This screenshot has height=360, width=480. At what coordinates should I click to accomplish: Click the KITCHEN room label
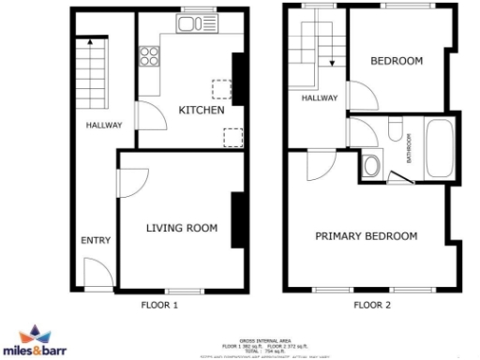click(x=202, y=111)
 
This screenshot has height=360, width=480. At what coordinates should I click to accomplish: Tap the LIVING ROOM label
click(x=182, y=228)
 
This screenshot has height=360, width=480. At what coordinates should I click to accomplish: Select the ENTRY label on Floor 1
click(x=96, y=241)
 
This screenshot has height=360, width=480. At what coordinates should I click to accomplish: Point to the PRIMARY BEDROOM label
click(x=366, y=236)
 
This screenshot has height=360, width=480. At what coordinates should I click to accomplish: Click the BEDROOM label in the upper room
click(x=396, y=62)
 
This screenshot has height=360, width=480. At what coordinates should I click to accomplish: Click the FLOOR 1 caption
click(x=159, y=305)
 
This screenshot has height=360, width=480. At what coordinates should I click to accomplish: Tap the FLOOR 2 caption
click(x=372, y=305)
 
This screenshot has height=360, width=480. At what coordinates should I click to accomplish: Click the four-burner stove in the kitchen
click(x=149, y=56)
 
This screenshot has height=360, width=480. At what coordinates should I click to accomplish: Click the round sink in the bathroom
click(x=371, y=167)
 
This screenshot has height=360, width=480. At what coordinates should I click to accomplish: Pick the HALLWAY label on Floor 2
click(x=320, y=97)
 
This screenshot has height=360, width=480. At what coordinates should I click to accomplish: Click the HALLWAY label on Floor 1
click(x=98, y=125)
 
